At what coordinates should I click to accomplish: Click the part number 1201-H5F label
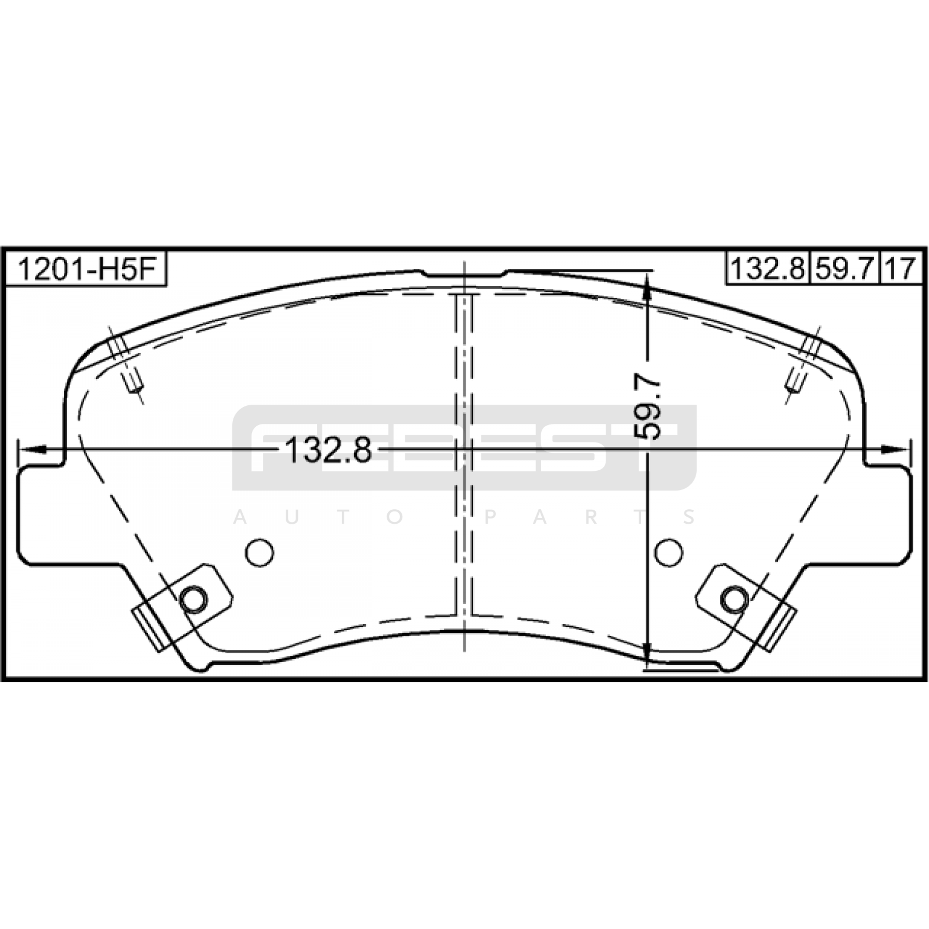pyautogui.click(x=85, y=269)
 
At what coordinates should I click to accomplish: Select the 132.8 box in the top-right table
pyautogui.click(x=768, y=268)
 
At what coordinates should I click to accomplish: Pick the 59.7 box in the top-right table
pyautogui.click(x=845, y=268)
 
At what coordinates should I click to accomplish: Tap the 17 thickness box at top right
pyautogui.click(x=902, y=268)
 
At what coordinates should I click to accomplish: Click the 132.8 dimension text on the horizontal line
pyautogui.click(x=329, y=450)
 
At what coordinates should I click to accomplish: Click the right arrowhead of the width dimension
pyautogui.click(x=894, y=449)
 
